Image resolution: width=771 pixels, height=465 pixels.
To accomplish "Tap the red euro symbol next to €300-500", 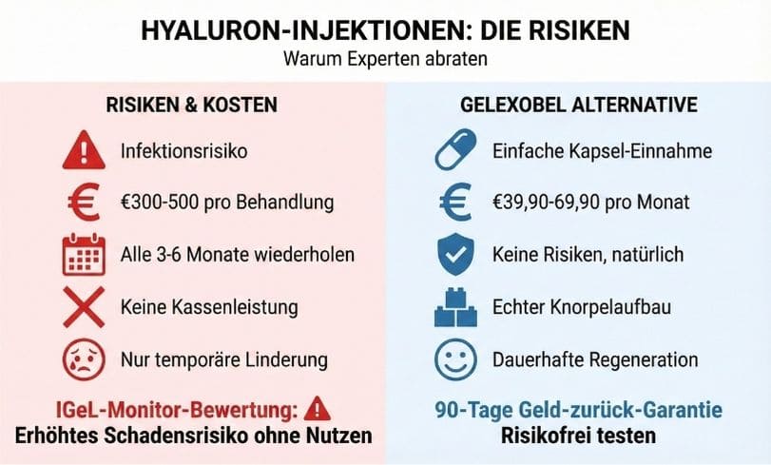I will pos(83,203).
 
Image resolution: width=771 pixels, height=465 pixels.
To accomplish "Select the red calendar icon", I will pos(84,256).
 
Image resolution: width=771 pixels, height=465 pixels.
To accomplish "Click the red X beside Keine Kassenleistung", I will pos(84,308).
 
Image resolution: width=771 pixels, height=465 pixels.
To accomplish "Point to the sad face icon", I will pos(84,360).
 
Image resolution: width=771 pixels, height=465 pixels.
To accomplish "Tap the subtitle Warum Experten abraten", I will pos(385,58).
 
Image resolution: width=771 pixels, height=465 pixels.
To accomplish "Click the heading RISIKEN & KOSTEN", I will pos(196,104).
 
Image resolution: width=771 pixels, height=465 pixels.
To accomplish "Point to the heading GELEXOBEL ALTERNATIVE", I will pos(579,104).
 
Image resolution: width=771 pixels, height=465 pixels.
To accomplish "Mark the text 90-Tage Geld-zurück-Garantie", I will pos(578,410).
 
